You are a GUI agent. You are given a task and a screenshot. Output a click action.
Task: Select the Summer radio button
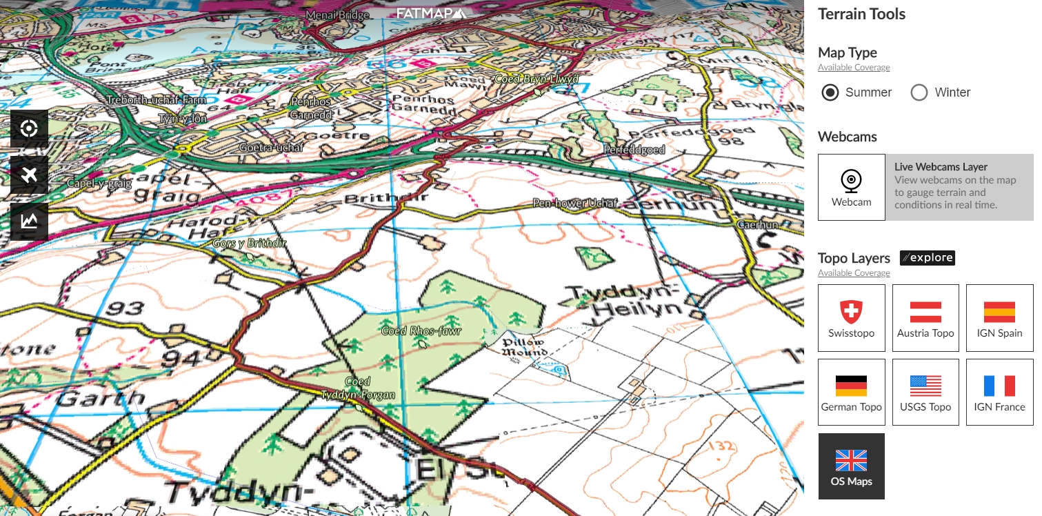tap(831, 92)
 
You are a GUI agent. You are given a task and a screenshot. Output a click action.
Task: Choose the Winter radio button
tap(919, 92)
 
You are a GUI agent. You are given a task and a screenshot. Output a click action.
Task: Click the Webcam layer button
tap(852, 187)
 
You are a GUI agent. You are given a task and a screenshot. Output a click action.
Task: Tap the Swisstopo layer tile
tap(851, 318)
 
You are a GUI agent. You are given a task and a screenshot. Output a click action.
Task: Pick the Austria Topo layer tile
tap(925, 318)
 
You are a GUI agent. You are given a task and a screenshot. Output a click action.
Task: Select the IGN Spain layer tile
tap(999, 318)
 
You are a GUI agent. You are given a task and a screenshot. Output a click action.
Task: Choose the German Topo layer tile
tap(851, 392)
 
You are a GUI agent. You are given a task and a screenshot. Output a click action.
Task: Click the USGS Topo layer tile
tap(925, 392)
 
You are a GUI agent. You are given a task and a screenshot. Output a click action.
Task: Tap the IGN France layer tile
tap(999, 392)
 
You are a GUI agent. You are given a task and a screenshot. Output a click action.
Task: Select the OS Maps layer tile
tap(851, 466)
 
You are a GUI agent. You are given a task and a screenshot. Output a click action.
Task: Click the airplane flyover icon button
tap(29, 175)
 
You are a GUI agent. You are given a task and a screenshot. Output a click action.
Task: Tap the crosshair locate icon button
tap(29, 128)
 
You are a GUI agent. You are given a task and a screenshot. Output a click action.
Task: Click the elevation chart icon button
tap(29, 221)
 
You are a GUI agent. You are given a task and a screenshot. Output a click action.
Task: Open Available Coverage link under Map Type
tap(854, 68)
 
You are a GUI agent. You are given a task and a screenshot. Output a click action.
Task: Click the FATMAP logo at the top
tap(431, 13)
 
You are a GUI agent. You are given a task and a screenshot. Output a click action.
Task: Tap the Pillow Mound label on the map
tap(524, 347)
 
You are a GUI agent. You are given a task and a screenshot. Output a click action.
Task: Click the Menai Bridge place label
tap(338, 15)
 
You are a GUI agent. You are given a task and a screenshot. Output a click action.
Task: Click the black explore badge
tap(928, 258)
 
